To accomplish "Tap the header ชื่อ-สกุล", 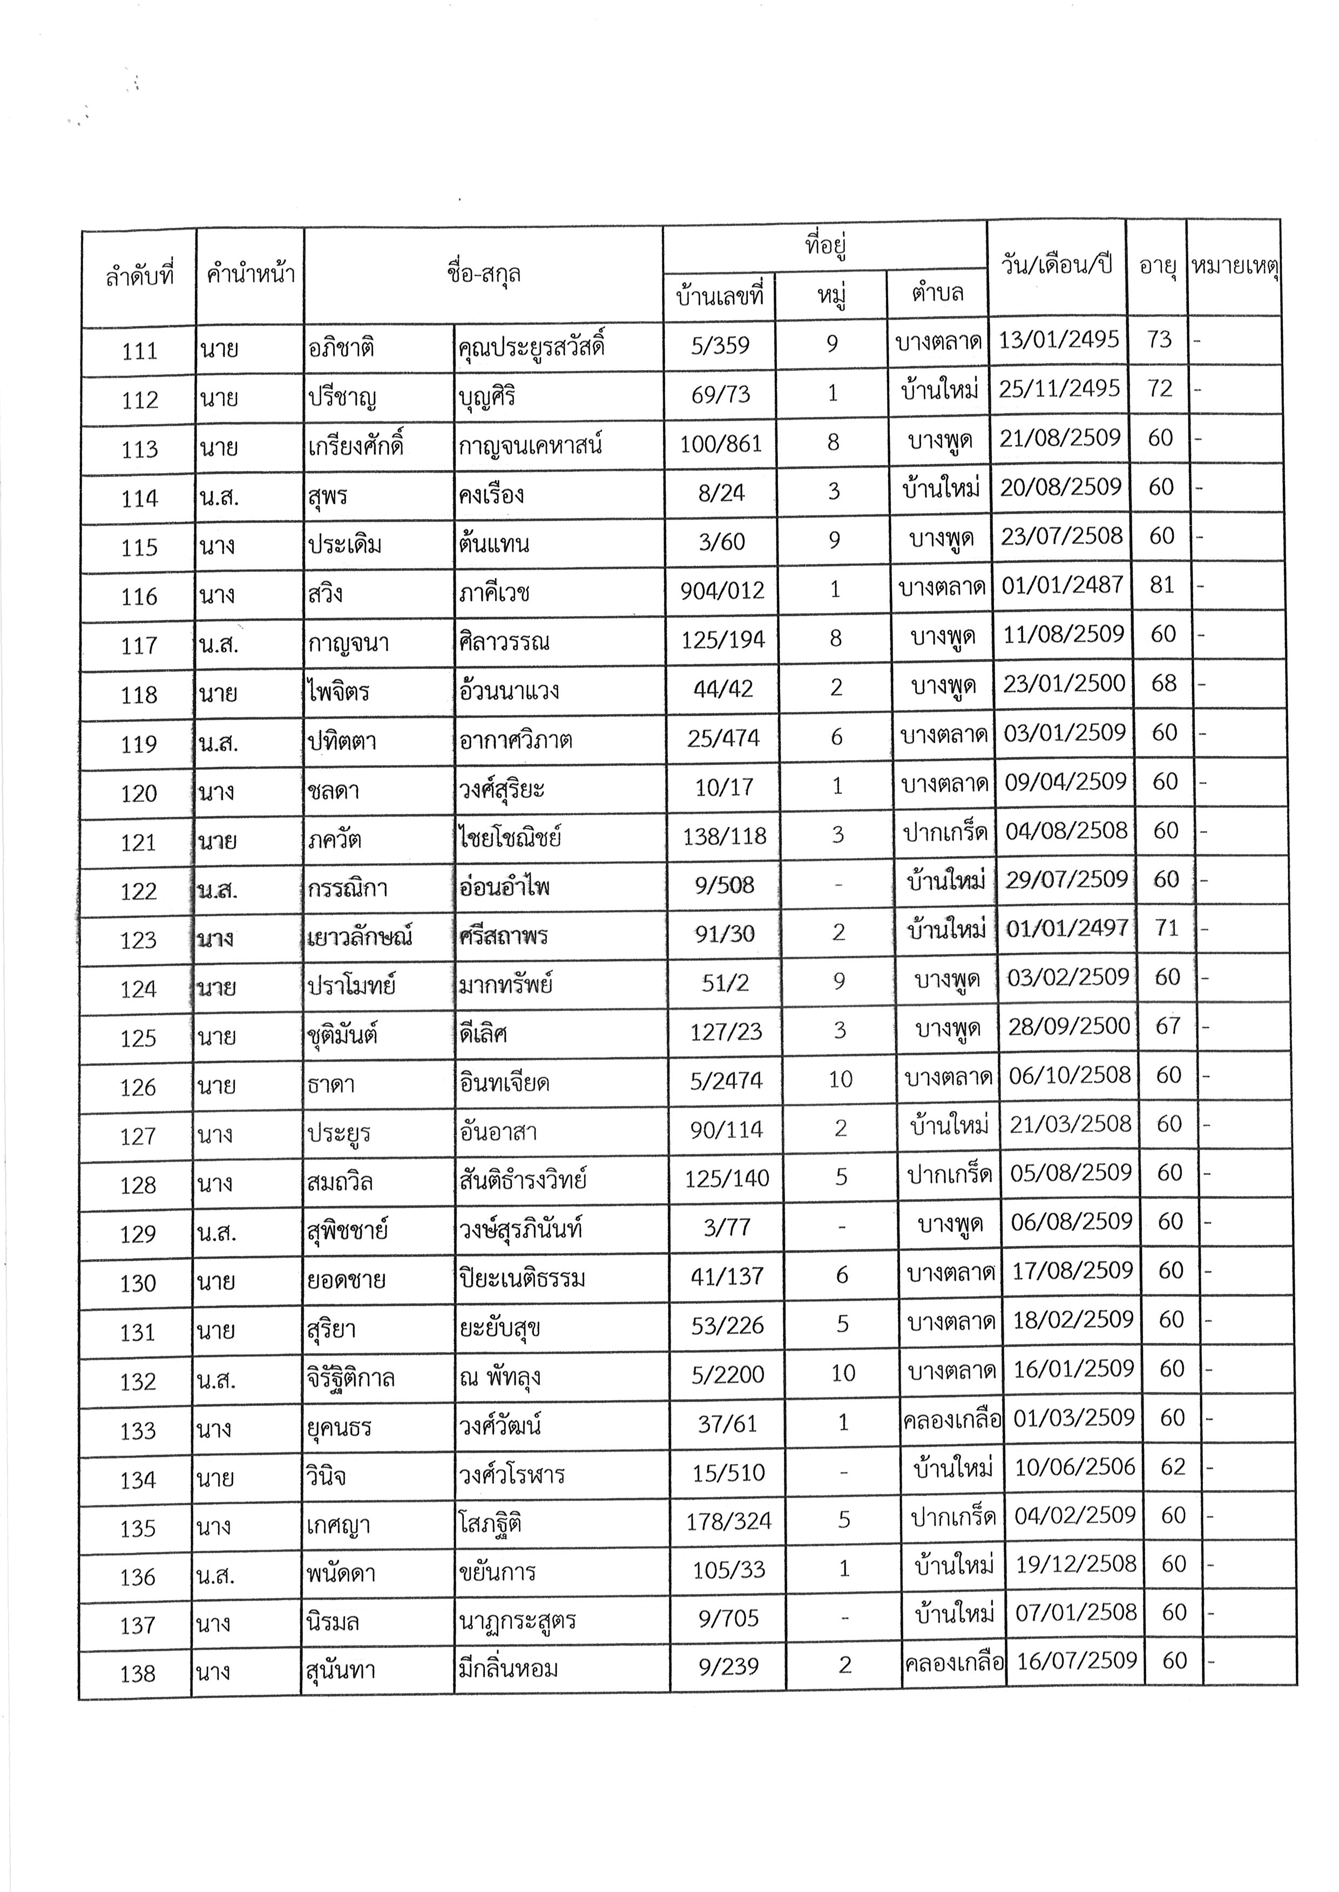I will click(483, 274).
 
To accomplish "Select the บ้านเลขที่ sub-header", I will click(720, 295).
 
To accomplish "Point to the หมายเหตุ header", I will click(1234, 266).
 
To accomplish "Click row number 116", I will click(139, 597).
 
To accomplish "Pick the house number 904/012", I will click(722, 590).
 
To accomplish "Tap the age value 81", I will click(1162, 585).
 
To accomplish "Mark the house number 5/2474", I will click(726, 1080).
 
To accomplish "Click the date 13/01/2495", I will click(1059, 339).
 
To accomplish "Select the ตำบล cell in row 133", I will click(952, 1420).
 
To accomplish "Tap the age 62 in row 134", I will click(1173, 1467).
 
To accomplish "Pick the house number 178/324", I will click(729, 1521).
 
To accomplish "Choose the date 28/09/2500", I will click(1069, 1026).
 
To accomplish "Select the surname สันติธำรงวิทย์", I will click(523, 1179).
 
